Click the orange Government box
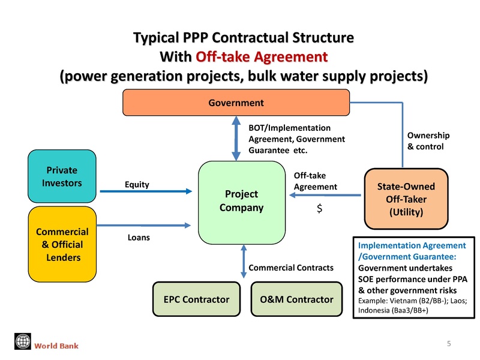(x=236, y=103)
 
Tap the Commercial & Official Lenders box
(x=62, y=245)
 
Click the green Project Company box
(x=242, y=201)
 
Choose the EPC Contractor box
(x=197, y=299)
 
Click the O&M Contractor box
(x=293, y=299)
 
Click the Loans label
(x=139, y=238)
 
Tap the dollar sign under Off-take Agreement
(x=320, y=211)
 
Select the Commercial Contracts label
(x=290, y=268)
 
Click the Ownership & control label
(x=425, y=141)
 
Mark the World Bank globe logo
(x=22, y=341)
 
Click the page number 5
(x=449, y=343)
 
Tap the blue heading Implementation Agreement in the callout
(x=411, y=250)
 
